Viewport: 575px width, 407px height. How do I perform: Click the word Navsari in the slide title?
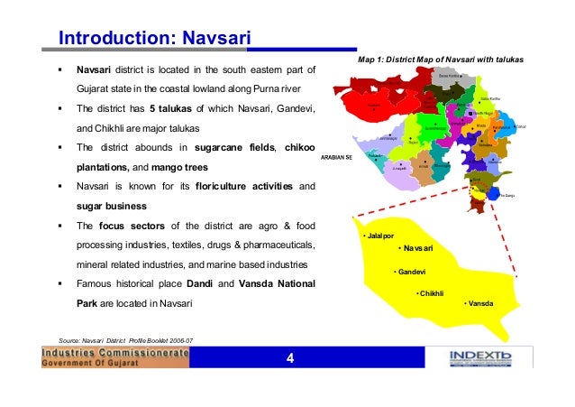[215, 38]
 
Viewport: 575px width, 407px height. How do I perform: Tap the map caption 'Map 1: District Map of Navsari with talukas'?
[441, 60]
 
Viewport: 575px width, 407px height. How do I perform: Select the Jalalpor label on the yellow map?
[379, 236]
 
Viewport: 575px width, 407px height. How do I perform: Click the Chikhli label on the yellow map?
[432, 293]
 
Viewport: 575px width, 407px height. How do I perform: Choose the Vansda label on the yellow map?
[479, 304]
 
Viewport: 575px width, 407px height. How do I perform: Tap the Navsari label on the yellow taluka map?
[416, 248]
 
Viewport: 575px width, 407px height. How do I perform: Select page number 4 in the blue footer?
[290, 359]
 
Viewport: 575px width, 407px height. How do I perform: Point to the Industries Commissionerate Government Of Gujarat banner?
[116, 358]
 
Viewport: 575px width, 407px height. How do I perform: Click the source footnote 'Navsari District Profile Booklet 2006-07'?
[125, 339]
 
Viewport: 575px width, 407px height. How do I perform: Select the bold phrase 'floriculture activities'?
[246, 187]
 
